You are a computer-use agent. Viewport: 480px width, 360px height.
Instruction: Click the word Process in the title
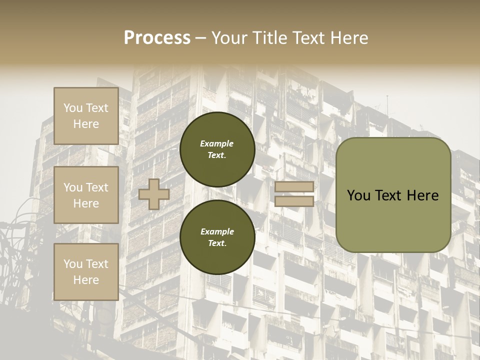[157, 37]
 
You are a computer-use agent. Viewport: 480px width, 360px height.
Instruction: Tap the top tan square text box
[86, 116]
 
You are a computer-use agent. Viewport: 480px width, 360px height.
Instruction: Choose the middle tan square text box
[86, 195]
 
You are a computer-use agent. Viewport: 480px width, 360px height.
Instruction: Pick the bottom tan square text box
[86, 272]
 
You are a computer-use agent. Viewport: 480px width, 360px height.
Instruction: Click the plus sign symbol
[154, 194]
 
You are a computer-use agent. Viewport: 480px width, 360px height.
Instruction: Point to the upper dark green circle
[217, 149]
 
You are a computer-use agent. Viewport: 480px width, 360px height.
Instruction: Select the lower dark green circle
[217, 237]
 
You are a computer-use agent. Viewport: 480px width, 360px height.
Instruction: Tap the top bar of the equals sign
[294, 187]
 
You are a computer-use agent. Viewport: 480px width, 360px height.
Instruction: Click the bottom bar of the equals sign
[294, 201]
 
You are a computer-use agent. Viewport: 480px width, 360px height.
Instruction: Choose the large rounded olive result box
[393, 195]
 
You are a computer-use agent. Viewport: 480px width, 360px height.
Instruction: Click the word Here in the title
[348, 37]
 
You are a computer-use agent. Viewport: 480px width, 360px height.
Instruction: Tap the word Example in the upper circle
[217, 143]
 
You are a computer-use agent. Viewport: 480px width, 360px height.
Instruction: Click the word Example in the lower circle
[217, 231]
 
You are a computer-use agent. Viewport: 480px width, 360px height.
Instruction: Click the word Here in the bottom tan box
[86, 280]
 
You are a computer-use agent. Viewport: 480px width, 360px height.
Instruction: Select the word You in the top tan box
[73, 108]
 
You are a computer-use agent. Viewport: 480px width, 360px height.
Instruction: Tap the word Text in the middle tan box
[96, 187]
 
